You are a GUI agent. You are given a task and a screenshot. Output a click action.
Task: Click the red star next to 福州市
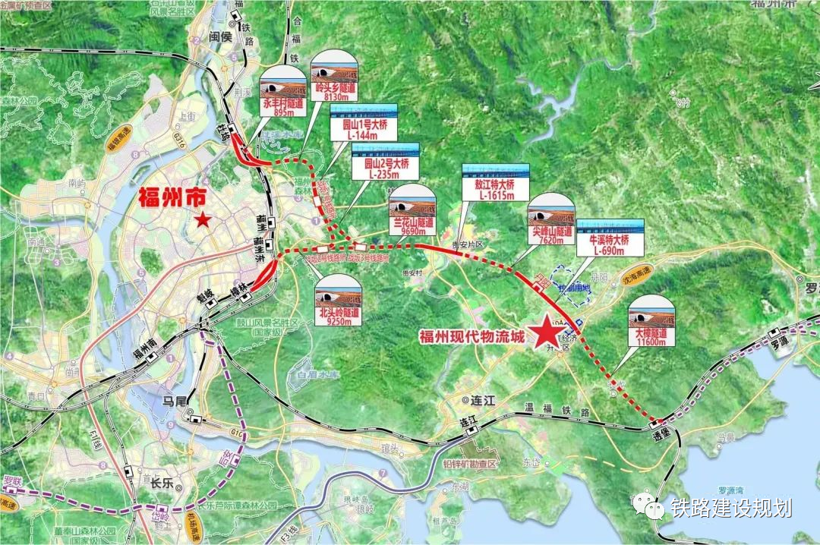point(202,221)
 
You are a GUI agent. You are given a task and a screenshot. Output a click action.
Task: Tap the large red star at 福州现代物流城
point(545,332)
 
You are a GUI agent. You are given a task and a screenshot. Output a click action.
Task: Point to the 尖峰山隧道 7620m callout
point(551,219)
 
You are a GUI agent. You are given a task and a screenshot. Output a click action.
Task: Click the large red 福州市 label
point(172,198)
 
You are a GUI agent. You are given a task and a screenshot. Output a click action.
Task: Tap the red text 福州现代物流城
point(471,337)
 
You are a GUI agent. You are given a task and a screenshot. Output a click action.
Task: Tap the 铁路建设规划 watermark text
point(730,508)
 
